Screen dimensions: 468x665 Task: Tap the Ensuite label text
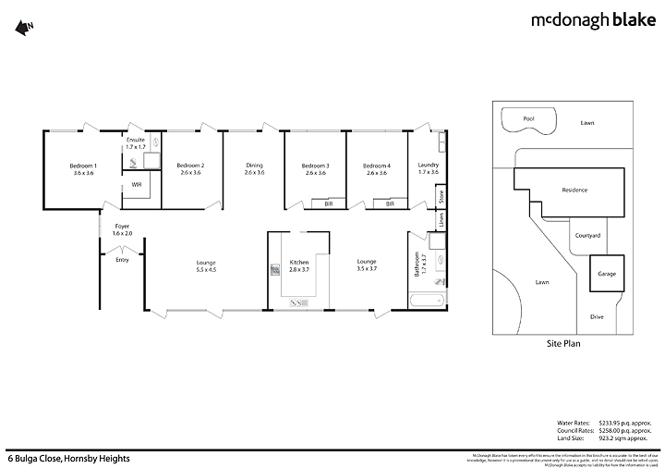pos(137,142)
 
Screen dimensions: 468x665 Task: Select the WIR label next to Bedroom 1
pos(136,185)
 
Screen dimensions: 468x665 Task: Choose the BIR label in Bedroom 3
pos(328,203)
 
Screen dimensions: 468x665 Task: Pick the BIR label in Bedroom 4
pos(390,203)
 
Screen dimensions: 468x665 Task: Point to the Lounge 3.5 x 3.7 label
pos(368,265)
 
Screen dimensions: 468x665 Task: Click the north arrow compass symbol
pos(23,28)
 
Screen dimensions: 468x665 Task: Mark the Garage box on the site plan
pos(608,274)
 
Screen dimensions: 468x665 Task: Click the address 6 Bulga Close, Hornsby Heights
pos(69,458)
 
